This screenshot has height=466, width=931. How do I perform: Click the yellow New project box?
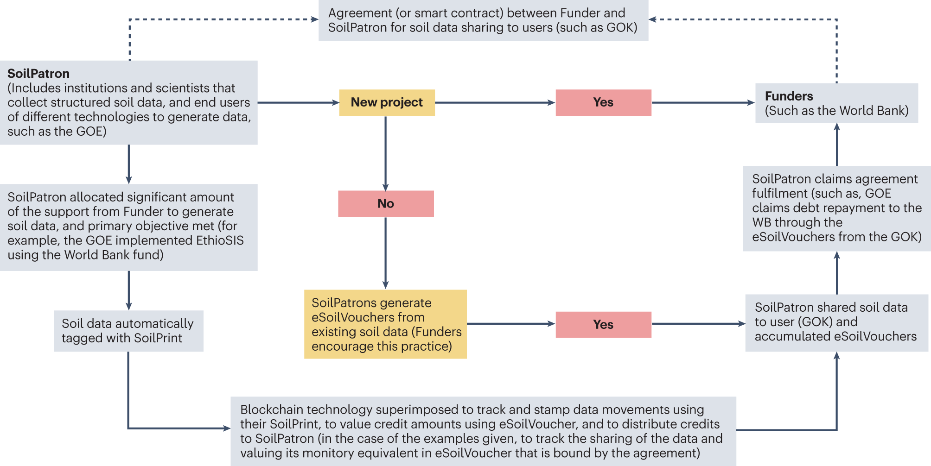(x=387, y=102)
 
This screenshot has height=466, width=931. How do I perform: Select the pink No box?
(x=386, y=203)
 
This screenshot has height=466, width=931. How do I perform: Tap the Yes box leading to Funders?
(x=603, y=102)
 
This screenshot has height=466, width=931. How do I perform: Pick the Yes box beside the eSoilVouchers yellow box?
(x=603, y=324)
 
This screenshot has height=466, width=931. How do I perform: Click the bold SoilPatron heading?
(x=38, y=74)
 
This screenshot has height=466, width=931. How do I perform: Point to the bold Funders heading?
(x=789, y=96)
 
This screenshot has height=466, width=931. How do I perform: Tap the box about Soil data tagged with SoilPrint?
(x=128, y=331)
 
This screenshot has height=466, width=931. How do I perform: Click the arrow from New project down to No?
(x=386, y=153)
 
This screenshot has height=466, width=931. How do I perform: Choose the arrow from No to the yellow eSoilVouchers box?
(x=386, y=252)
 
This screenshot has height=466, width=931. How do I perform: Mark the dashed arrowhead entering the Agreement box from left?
(x=314, y=19)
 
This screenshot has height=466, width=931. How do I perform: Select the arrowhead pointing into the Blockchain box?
(x=226, y=428)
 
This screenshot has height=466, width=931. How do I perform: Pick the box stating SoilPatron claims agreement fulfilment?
(x=836, y=208)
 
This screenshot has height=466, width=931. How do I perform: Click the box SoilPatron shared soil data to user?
(x=836, y=322)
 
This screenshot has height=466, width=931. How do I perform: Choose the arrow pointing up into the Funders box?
(x=837, y=144)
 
